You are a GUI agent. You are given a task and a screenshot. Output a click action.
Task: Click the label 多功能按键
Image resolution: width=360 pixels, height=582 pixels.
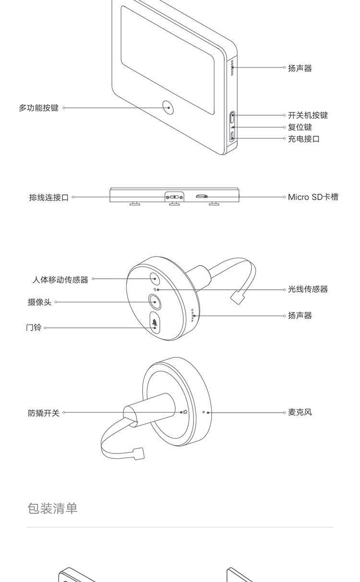coord(39,108)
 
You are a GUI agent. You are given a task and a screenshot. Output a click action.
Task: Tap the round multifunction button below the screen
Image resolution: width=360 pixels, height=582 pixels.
coord(168,107)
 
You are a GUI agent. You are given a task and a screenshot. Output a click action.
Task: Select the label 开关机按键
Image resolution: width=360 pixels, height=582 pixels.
coord(308,115)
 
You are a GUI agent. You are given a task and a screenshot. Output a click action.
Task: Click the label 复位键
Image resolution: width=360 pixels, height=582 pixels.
coord(300,127)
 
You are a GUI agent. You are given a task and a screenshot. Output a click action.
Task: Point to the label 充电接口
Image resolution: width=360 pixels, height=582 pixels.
coord(303,139)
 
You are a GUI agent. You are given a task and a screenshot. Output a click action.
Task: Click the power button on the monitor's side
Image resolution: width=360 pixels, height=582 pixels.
coord(232,117)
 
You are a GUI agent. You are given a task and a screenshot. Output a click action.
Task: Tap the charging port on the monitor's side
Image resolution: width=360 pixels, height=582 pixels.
coord(232,136)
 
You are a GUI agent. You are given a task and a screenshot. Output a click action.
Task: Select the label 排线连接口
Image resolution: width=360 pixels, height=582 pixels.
coord(49,198)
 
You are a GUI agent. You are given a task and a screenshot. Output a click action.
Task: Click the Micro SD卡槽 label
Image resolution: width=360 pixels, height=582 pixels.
coord(313,197)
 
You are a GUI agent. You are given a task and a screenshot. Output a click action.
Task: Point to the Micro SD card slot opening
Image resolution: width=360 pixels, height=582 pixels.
coord(202,196)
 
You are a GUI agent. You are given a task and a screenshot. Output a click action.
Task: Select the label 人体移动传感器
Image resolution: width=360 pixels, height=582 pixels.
coord(60,280)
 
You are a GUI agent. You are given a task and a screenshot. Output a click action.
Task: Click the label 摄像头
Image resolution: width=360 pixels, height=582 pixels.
coord(39,302)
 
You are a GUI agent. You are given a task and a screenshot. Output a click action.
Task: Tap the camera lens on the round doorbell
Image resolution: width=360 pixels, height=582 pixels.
coord(155,302)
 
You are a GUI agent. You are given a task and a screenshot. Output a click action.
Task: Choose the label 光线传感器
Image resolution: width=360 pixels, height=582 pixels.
coord(308,289)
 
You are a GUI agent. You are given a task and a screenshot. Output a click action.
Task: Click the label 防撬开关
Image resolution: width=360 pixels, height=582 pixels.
coord(44,413)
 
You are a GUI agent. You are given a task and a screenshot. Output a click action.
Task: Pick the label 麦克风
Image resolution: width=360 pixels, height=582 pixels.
coord(300,412)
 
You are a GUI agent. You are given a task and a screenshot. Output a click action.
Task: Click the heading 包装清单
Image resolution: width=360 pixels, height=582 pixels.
coord(52,509)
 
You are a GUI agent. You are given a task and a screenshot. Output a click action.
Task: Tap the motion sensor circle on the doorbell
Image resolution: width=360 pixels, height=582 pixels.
coord(155,279)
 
